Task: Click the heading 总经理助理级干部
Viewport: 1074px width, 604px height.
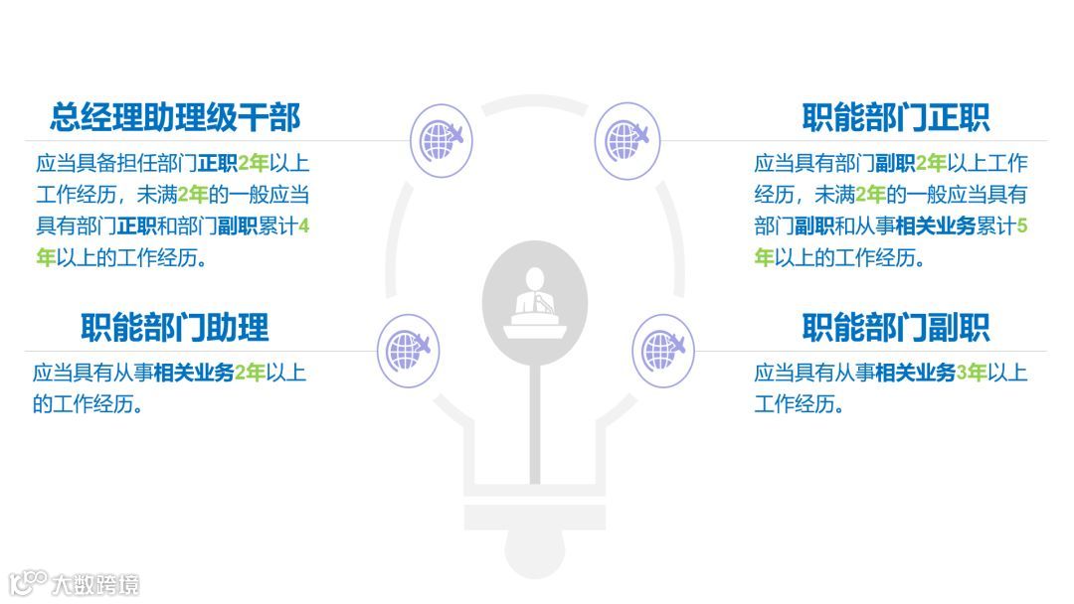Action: coord(175,117)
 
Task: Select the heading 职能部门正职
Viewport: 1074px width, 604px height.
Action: coord(895,117)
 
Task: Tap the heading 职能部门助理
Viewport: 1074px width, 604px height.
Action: coord(175,327)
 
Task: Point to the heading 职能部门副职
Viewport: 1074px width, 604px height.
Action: coord(895,327)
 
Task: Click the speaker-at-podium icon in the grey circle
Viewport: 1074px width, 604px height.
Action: coord(535,301)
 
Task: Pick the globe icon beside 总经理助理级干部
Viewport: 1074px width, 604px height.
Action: coord(441,140)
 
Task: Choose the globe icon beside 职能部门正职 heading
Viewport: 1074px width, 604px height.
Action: coord(626,140)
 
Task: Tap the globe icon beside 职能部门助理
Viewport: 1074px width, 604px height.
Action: coord(408,350)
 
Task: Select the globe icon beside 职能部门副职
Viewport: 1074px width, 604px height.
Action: coord(663,350)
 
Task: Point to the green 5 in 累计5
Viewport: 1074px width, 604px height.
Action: coord(1022,226)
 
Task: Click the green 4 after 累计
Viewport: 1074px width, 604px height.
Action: coord(303,226)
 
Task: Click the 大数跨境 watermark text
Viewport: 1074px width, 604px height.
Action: coord(96,584)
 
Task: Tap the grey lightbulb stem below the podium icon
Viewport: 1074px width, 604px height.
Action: coord(535,417)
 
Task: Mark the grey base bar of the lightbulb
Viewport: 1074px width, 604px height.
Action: coord(535,518)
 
